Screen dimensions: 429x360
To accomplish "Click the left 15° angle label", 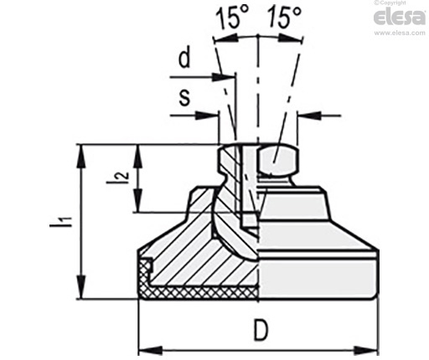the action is (x=232, y=18).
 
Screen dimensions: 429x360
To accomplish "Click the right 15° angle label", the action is (x=284, y=18).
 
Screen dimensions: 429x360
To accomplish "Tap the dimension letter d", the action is (x=184, y=57).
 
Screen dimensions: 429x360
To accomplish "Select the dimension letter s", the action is (x=184, y=98).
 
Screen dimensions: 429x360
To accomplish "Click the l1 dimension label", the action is (x=61, y=221).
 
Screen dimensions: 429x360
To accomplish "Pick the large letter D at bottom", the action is (x=261, y=330).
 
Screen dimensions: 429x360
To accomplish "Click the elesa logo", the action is (x=400, y=18).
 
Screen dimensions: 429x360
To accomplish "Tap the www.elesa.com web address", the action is (x=400, y=33).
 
